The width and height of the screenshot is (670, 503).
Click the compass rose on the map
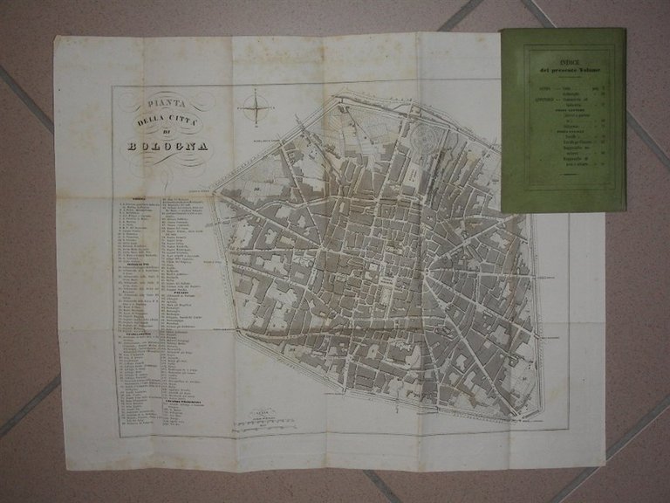(x=257, y=109)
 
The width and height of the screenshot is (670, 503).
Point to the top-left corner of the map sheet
(x=56, y=36)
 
